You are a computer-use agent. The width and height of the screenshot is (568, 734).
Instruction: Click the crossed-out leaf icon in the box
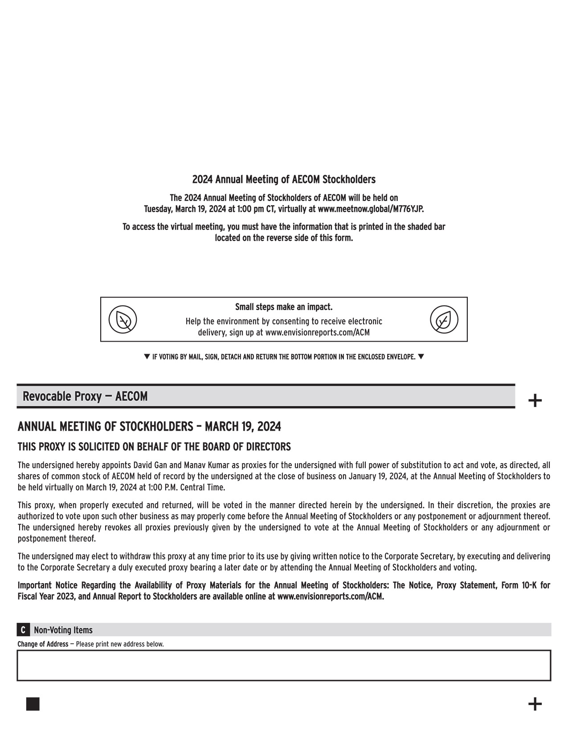coord(123,319)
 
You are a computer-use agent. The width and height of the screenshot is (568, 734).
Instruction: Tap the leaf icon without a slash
coord(444,319)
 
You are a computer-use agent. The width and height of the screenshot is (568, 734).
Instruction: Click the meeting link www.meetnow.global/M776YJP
coord(371,209)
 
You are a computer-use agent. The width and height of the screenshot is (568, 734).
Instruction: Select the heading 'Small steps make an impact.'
coord(284,307)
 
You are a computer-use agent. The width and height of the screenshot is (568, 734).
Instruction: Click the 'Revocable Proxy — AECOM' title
coord(85,396)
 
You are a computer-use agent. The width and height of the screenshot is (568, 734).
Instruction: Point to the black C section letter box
coord(23,630)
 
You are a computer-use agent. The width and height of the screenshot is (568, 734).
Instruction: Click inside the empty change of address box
coord(284,665)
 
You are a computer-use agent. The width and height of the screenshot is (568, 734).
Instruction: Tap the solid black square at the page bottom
coord(33,704)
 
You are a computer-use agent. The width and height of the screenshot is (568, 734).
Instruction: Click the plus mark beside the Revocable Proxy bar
coord(535,401)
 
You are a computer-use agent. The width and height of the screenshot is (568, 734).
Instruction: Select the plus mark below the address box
coord(535,704)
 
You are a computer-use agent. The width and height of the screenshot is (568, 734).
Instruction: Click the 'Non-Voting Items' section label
coord(63,630)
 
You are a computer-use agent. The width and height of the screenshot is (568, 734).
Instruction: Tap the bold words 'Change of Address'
coord(43,644)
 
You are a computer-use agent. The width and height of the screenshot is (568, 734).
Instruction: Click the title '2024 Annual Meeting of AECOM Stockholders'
coord(284,179)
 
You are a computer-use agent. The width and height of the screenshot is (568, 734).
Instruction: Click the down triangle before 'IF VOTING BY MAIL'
coord(147,357)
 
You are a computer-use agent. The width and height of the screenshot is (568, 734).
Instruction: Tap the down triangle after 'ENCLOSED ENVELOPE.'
coord(421,357)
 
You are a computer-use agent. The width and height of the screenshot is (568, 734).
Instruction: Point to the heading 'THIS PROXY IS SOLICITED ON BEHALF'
coord(154,447)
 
